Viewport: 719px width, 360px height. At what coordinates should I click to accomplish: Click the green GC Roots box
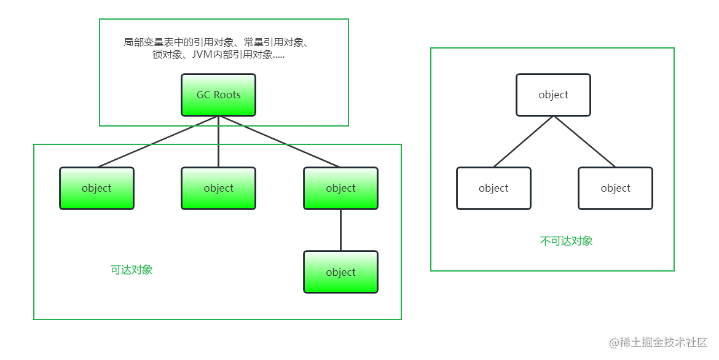tap(218, 95)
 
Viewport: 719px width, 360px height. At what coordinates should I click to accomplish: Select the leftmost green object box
tap(96, 189)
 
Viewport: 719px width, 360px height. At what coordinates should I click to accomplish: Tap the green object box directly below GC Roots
tap(218, 189)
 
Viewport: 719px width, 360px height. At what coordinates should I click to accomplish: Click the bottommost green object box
tap(340, 272)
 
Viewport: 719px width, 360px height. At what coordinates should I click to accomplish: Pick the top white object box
tap(553, 95)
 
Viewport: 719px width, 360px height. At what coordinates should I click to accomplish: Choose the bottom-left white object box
tap(493, 189)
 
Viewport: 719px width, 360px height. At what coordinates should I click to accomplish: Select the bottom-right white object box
tap(615, 189)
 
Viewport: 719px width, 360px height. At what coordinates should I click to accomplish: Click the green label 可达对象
tap(132, 270)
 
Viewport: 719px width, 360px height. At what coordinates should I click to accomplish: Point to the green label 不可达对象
tap(566, 241)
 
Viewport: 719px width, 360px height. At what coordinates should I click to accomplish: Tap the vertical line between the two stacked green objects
tap(340, 230)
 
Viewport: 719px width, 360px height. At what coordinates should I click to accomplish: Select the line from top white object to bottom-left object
tap(524, 141)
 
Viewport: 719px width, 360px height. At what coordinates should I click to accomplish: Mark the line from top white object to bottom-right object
tap(584, 141)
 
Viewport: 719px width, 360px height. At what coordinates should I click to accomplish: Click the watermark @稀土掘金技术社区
tap(658, 342)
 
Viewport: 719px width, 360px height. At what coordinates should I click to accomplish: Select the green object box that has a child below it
tap(340, 189)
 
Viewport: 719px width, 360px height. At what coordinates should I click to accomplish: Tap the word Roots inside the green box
tap(227, 95)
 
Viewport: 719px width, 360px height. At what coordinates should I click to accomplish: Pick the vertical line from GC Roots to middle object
tap(218, 142)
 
